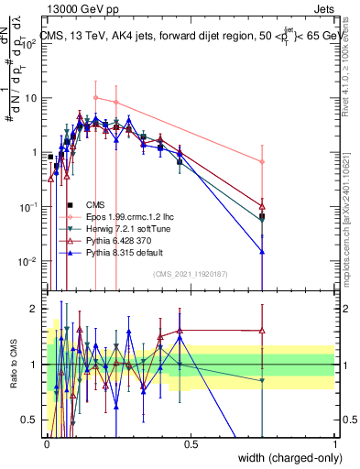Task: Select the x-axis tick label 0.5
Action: pos(191,441)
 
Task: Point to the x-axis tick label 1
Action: pos(334,441)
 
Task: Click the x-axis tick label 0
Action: pos(47,441)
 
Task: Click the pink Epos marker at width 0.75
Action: pos(262,162)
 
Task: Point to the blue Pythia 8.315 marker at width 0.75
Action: pos(262,251)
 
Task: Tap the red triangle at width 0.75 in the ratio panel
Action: pos(262,331)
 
